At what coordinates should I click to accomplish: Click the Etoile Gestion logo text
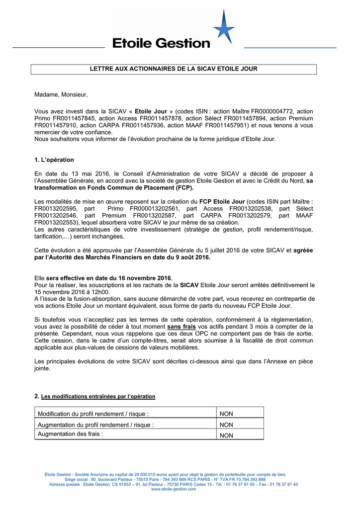coord(162,43)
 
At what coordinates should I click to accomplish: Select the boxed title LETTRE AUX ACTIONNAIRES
coord(174,69)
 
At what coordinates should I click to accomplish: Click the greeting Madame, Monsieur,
coord(61,94)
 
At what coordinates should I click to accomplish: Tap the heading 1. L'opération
coord(54,160)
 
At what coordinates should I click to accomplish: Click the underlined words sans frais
coord(181,327)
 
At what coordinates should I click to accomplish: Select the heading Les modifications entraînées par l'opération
coord(98,396)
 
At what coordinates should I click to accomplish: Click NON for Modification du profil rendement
coord(226,414)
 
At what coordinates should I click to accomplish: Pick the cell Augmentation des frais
coord(71,433)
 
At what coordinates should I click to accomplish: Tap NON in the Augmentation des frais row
coord(226,435)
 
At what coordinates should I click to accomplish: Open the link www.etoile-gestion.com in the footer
coord(174,489)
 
